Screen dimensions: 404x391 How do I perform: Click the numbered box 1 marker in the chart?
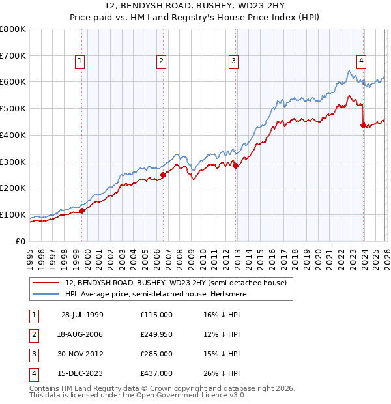[80, 61]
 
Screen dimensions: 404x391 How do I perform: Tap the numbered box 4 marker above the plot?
[360, 61]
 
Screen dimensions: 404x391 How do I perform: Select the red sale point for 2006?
[163, 174]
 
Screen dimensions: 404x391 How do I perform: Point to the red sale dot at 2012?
[235, 166]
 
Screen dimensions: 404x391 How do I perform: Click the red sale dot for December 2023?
[363, 125]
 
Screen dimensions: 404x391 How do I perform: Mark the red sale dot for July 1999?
[82, 210]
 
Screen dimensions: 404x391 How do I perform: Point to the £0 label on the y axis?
[20, 241]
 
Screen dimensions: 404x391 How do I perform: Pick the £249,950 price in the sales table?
[156, 334]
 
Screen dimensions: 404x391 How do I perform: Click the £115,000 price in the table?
[156, 315]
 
